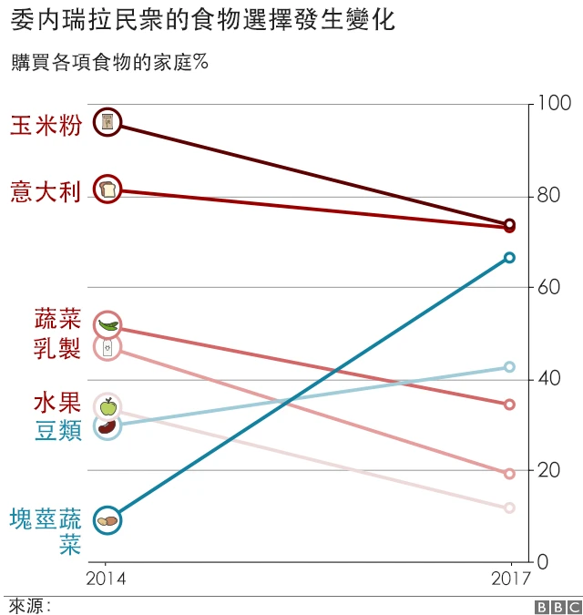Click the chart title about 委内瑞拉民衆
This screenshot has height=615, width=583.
point(201,20)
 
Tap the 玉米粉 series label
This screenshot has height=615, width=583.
point(46,125)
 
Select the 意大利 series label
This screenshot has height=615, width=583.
point(46,191)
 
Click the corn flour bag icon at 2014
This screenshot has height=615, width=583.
point(107,121)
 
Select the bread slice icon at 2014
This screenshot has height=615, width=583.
point(107,190)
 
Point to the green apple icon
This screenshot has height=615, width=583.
point(107,406)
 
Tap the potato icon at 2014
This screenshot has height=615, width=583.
point(107,520)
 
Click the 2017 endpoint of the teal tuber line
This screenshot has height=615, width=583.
point(509,258)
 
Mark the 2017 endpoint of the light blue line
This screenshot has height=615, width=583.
point(509,367)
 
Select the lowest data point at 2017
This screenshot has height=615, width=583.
point(509,507)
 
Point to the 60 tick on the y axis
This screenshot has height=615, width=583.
point(546,287)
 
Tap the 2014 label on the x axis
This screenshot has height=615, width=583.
point(106,578)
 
